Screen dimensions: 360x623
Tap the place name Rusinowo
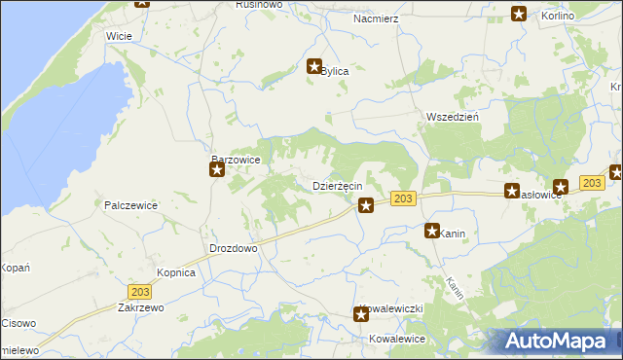tap(258, 5)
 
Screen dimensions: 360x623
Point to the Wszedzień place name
tap(451, 117)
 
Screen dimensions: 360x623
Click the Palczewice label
tap(130, 205)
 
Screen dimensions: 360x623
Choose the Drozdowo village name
tap(233, 248)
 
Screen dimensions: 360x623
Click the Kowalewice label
tap(397, 339)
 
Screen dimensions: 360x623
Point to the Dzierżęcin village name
tap(337, 185)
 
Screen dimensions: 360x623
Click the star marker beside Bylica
tap(314, 67)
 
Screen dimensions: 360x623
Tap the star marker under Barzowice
tap(217, 170)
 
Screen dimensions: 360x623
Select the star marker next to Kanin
tap(431, 232)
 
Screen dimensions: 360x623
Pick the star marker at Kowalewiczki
tap(360, 313)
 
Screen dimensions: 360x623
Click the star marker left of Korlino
tap(519, 14)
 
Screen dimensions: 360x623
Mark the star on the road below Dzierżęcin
tap(365, 204)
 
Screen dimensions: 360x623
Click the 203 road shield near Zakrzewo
tap(138, 290)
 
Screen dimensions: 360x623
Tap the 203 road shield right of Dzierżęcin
tap(404, 198)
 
